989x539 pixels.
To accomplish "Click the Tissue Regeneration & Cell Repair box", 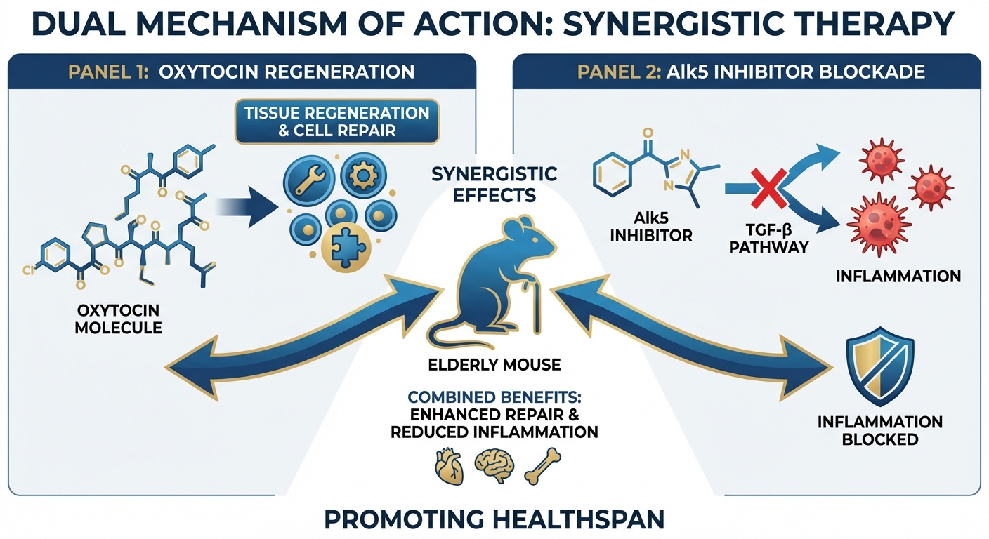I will pos(337,121).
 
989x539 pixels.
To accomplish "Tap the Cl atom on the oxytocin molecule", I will pos(28,269).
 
